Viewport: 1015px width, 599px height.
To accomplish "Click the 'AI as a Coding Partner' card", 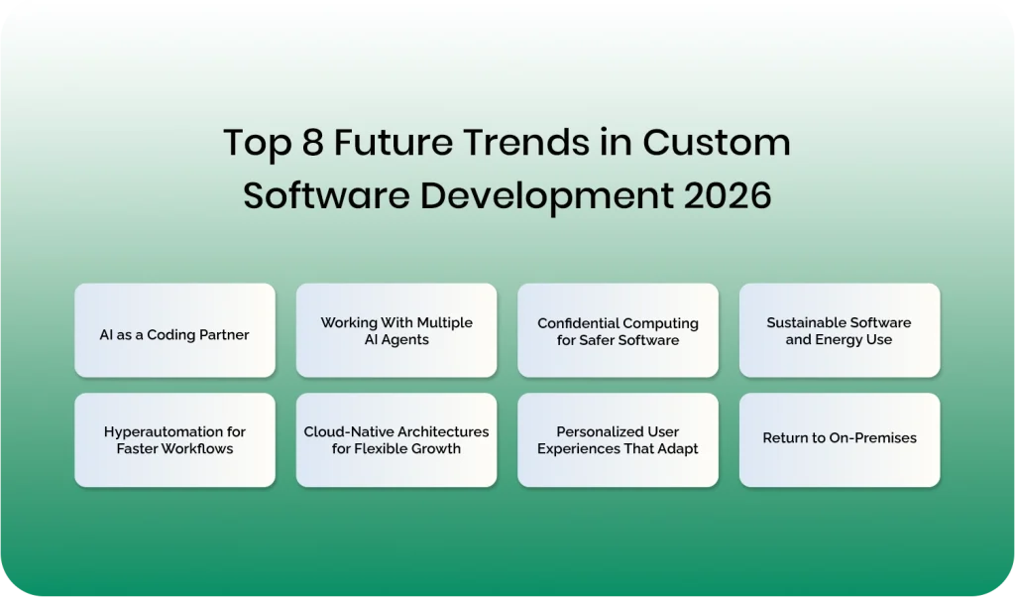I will tap(174, 330).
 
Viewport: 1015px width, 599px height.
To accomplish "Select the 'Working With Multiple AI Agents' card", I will tap(396, 330).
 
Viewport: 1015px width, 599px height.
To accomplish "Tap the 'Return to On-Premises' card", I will tap(840, 439).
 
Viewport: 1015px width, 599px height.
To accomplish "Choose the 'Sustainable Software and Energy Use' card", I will tap(840, 330).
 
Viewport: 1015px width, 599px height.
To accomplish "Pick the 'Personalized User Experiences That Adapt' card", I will tap(618, 439).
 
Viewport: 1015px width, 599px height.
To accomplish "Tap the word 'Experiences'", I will tap(579, 448).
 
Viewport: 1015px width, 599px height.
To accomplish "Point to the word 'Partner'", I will tap(223, 335).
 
